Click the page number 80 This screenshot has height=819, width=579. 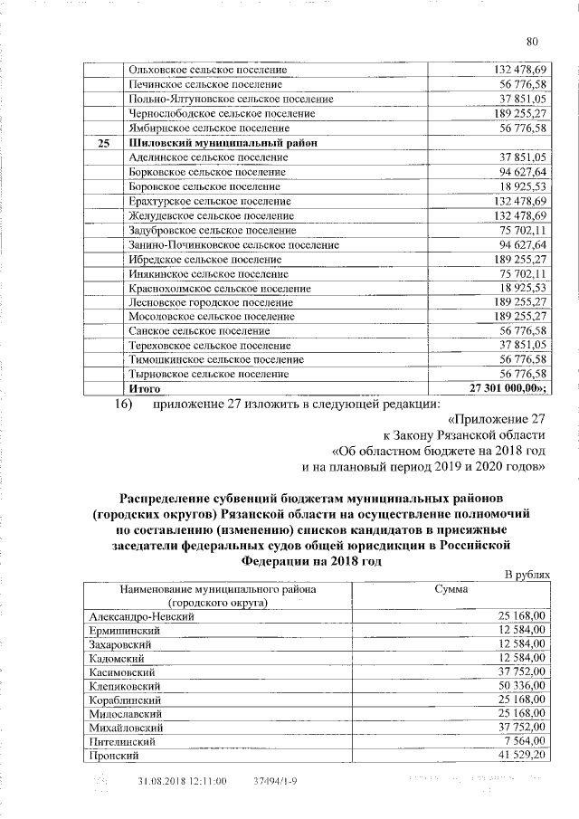[532, 41]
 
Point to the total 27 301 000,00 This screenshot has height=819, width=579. [509, 387]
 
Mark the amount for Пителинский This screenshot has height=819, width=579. [527, 740]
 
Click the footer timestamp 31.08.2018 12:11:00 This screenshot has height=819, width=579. [182, 780]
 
